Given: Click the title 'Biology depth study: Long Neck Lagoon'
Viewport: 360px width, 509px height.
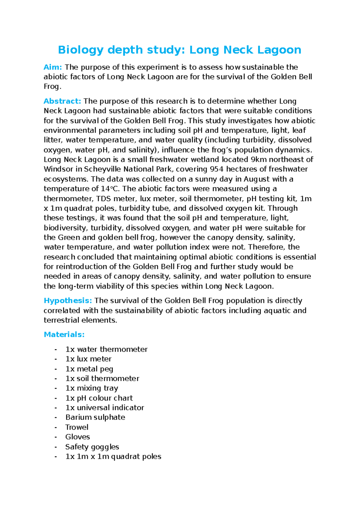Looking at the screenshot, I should (179, 50).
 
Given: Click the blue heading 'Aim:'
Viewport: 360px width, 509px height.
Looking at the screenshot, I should (53, 67).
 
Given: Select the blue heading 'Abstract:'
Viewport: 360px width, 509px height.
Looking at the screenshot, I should (62, 101).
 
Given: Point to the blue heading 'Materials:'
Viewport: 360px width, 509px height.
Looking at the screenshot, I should (64, 334).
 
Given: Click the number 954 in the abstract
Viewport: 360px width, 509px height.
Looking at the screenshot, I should (216, 169).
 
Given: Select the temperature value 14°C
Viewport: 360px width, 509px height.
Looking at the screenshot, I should (111, 189).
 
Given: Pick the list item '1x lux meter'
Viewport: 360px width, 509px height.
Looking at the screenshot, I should (88, 359).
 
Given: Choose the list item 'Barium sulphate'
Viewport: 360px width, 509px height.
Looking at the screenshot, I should (95, 417).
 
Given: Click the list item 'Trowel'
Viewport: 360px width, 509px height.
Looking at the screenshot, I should (77, 427).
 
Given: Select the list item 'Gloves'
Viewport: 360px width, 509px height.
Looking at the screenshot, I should (77, 437).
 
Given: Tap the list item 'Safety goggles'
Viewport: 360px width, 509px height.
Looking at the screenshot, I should (92, 447).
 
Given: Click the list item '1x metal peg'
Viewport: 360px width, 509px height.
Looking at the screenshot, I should (89, 369).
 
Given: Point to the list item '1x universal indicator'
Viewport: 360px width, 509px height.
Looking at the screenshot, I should (105, 408).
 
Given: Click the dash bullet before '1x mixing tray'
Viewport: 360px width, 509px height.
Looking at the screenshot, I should (55, 388).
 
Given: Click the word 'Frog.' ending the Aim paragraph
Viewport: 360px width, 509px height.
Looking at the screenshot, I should (52, 87).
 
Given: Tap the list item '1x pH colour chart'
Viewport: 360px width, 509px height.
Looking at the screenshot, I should (99, 398).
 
